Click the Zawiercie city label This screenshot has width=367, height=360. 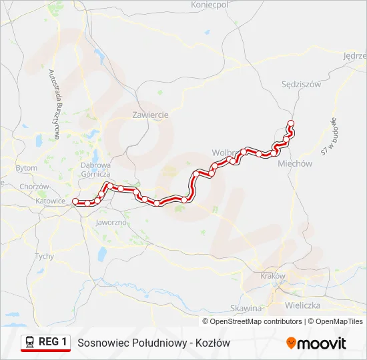pos(150,115)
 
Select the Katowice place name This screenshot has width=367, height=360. pos(51,200)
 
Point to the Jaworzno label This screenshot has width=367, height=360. pos(111,222)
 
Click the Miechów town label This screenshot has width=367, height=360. pos(295,163)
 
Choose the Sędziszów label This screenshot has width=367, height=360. pos(302,85)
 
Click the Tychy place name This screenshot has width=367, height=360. pos(44,256)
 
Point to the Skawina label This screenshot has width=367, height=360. pos(246,308)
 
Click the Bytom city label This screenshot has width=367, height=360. pos(27,168)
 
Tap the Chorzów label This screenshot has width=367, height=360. pos(35,187)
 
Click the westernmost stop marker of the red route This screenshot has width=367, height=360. pos(75,201)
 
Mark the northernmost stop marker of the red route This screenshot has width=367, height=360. pos(290,122)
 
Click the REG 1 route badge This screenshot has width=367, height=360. pos(46,342)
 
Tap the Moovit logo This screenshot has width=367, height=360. pos(316,343)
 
